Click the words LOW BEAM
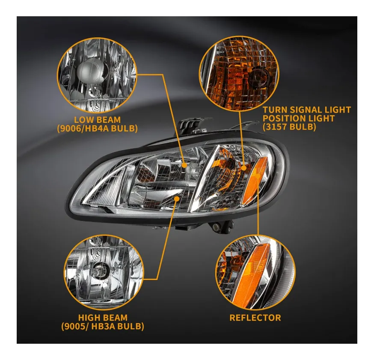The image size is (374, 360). click(97, 120)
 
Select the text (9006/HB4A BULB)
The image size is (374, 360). click(97, 128)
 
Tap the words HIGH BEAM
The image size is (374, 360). click(103, 318)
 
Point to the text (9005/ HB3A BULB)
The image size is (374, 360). click(103, 326)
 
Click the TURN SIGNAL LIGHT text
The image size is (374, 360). click(307, 110)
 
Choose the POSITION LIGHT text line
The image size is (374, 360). click(299, 118)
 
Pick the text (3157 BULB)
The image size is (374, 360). click(289, 127)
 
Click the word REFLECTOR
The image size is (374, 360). click(255, 318)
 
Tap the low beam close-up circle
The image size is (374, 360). click(97, 75)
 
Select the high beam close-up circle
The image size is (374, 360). click(104, 273)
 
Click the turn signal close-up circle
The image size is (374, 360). click(239, 74)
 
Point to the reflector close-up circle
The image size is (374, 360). click(255, 272)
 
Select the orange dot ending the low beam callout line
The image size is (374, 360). click(184, 165)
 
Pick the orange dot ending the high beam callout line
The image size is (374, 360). click(177, 199)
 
